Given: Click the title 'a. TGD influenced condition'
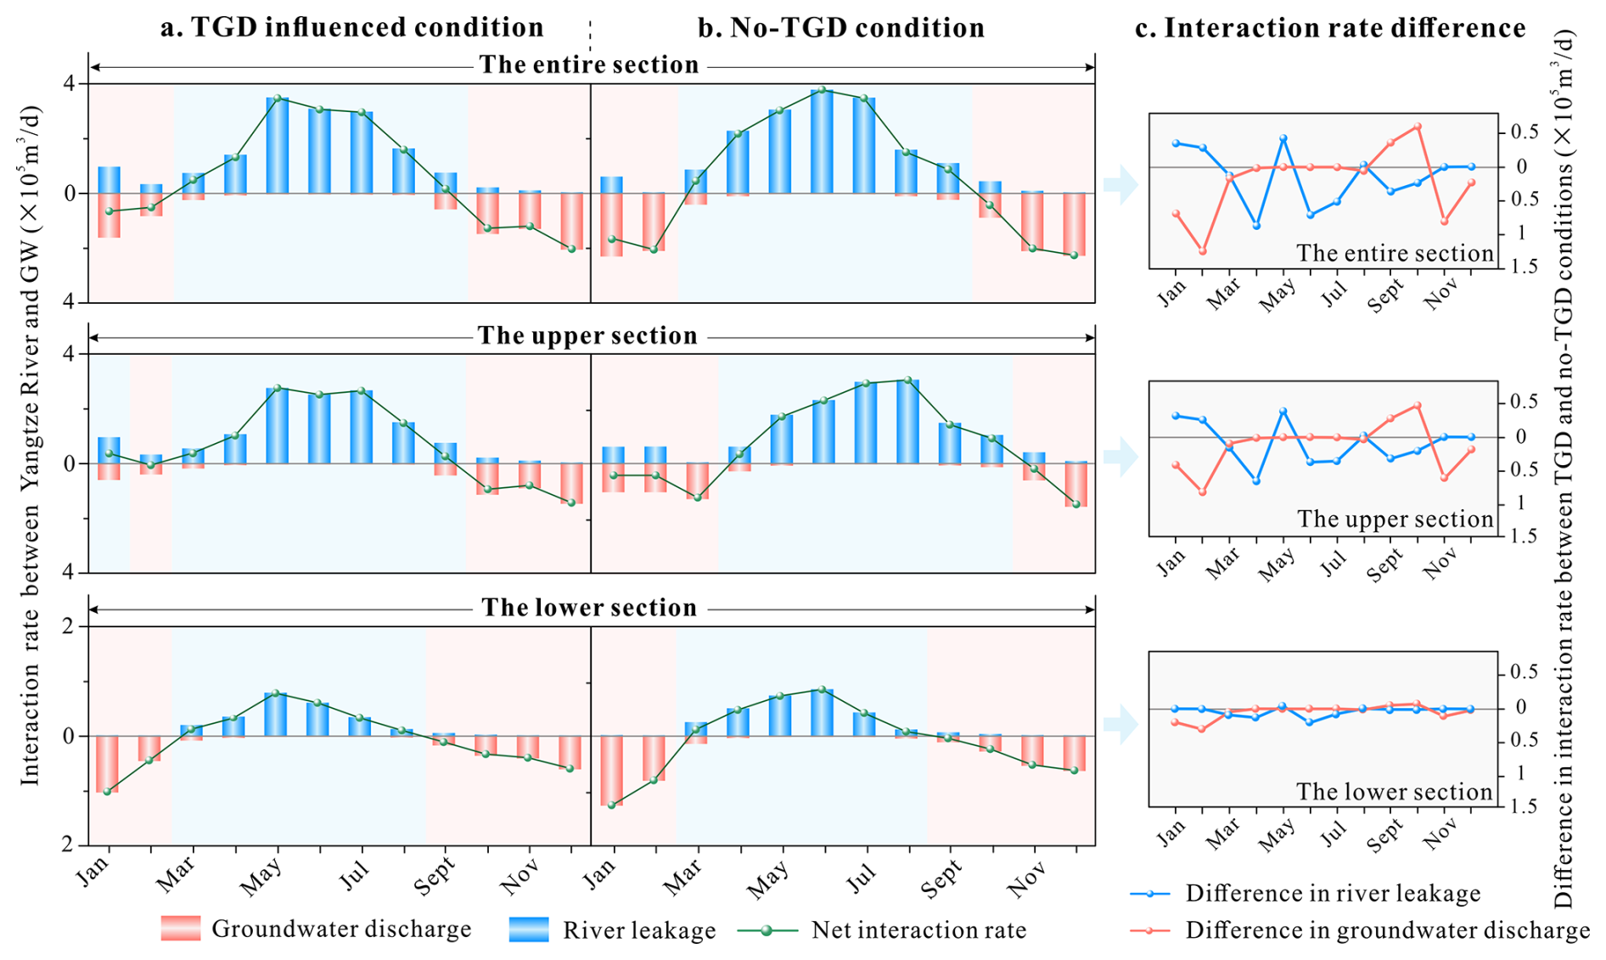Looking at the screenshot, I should click(x=351, y=28).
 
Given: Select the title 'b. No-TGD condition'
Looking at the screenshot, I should click(x=840, y=28).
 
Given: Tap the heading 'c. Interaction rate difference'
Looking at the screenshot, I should click(x=1329, y=28).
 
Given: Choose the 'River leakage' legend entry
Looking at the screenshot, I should click(x=638, y=930).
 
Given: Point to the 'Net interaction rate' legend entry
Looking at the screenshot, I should click(x=918, y=930).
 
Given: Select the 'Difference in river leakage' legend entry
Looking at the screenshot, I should click(x=1333, y=893).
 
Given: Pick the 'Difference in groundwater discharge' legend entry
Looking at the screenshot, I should click(x=1387, y=930).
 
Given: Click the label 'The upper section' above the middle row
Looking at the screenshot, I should click(x=587, y=336).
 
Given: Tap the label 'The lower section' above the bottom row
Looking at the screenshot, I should click(x=589, y=608).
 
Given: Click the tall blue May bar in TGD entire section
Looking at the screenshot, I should click(x=278, y=145).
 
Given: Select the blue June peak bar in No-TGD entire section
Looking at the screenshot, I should click(x=822, y=141).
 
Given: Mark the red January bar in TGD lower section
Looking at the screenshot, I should click(x=107, y=764).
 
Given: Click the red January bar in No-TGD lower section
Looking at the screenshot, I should click(x=612, y=770).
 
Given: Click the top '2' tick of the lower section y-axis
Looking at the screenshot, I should click(x=69, y=626).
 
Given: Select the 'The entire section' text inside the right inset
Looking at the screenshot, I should click(x=1395, y=253).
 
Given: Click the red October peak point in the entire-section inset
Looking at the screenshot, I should click(x=1417, y=126).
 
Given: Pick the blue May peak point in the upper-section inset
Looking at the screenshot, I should click(x=1283, y=412).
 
